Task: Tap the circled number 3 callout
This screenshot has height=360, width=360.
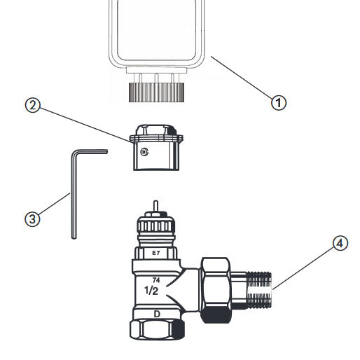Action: point(32,218)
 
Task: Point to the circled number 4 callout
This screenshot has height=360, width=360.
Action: point(340,244)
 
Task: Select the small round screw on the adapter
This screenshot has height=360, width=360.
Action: point(144,152)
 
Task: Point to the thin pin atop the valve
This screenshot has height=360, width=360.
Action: point(155,207)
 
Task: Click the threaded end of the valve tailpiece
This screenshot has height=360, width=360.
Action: point(259,289)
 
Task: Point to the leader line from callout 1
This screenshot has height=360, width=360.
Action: point(242,79)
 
